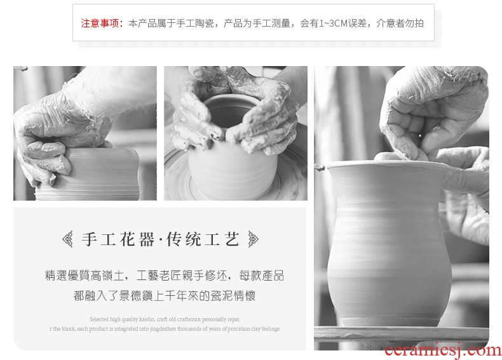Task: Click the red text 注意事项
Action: [100, 23]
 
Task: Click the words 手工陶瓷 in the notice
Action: [195, 23]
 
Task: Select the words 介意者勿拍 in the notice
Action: [400, 23]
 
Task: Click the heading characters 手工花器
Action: [118, 239]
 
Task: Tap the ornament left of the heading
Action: [67, 239]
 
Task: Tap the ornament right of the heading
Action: [254, 239]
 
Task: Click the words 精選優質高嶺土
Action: [85, 276]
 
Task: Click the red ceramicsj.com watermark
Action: [443, 350]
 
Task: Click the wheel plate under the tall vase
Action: [402, 334]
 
